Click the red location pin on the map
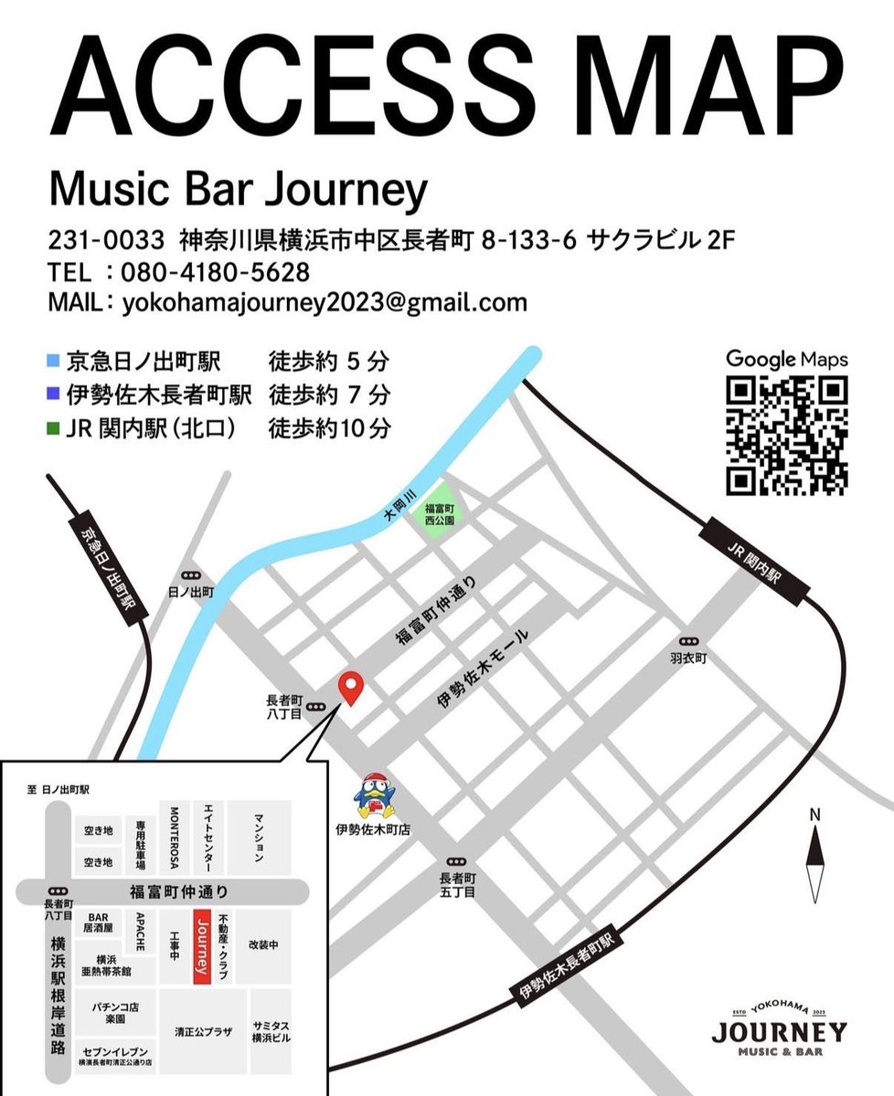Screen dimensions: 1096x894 pyautogui.click(x=351, y=687)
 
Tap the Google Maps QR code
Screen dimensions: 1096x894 pyautogui.click(x=787, y=436)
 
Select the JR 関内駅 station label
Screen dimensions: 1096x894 pyautogui.click(x=754, y=559)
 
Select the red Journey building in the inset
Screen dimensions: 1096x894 pyautogui.click(x=202, y=945)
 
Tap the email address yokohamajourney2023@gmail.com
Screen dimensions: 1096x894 pyautogui.click(x=325, y=302)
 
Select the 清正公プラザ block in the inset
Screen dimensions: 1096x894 pyautogui.click(x=202, y=1031)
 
